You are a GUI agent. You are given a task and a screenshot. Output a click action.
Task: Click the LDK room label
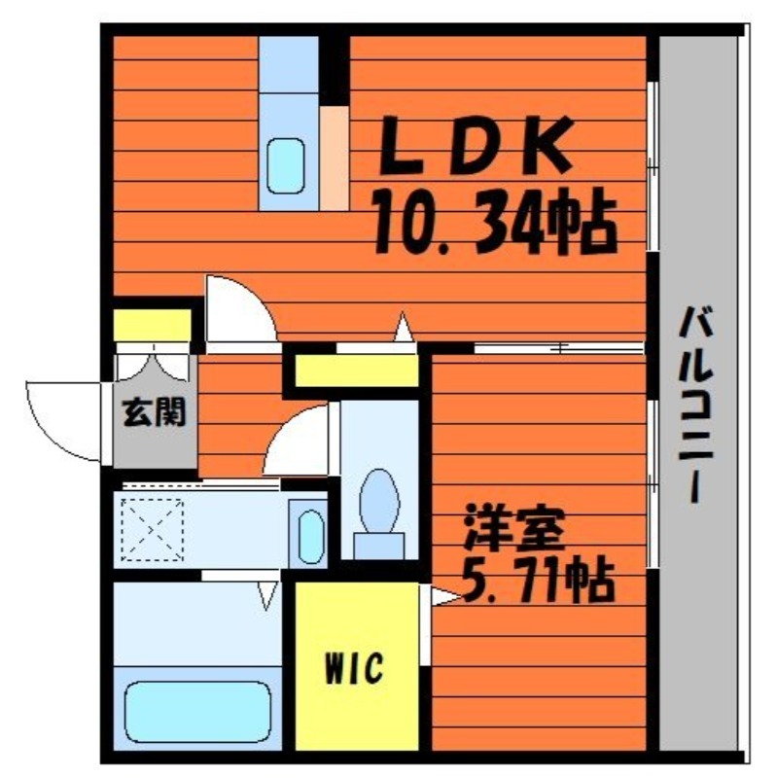point(475,145)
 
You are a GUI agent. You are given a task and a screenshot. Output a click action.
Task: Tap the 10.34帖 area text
point(495,221)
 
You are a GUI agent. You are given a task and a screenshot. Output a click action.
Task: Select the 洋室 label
point(513,527)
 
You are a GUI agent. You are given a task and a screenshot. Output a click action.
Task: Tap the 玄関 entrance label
point(155,411)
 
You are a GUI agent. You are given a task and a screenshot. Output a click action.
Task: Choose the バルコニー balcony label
point(695,405)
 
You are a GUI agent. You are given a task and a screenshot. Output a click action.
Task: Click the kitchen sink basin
point(285,165)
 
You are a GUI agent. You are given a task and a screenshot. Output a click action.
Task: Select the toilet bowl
point(379,501)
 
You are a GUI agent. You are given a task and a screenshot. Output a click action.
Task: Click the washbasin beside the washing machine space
point(311,537)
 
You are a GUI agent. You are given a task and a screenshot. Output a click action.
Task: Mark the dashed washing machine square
point(153,530)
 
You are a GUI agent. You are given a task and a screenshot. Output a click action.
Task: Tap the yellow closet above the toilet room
point(356,371)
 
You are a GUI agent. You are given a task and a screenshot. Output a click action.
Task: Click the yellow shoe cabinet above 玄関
point(153,325)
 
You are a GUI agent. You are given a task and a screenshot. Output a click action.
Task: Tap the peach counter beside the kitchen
point(334,159)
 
